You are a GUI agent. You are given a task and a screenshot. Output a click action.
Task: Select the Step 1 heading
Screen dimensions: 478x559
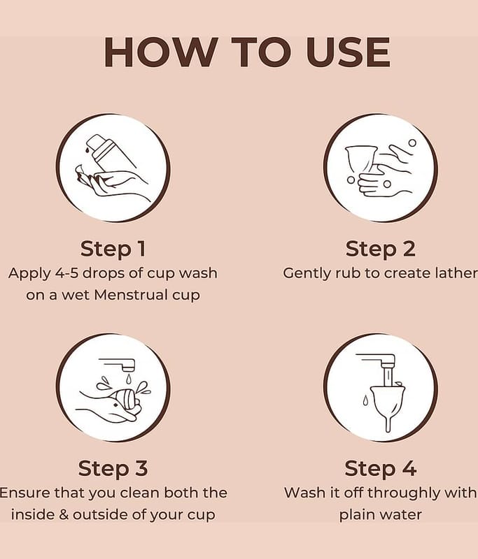[113, 249]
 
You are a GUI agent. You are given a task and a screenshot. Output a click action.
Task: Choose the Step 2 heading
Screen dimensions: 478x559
[381, 249]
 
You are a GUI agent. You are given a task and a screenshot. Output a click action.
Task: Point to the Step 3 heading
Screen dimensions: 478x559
[113, 468]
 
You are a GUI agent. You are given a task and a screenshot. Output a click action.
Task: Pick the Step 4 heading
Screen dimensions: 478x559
[381, 468]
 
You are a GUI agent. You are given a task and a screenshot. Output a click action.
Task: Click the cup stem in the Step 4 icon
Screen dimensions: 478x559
[388, 423]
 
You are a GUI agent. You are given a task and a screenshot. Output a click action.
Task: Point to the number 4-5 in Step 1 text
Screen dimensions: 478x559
[67, 273]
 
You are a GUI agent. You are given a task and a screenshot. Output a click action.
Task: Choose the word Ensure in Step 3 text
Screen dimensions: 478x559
[24, 493]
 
